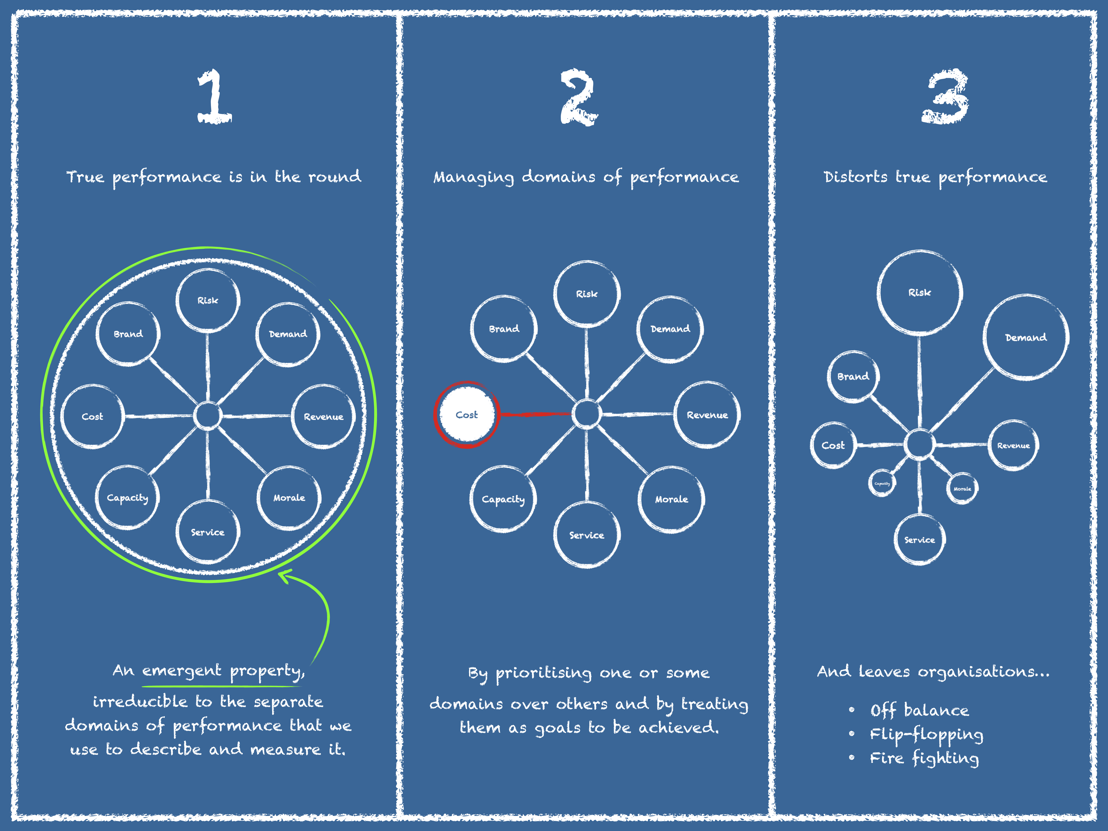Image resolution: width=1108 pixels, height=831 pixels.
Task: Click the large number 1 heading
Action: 214,97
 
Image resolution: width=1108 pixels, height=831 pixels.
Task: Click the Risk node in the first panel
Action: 207,300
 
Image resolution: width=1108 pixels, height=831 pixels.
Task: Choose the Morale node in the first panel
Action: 289,498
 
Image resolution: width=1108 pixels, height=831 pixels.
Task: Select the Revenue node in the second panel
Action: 707,415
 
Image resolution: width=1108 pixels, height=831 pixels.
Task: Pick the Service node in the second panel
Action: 586,535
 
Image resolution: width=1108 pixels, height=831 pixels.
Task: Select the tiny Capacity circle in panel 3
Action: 882,483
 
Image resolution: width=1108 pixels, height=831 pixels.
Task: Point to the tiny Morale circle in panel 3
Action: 962,488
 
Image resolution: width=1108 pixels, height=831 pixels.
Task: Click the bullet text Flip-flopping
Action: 926,734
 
